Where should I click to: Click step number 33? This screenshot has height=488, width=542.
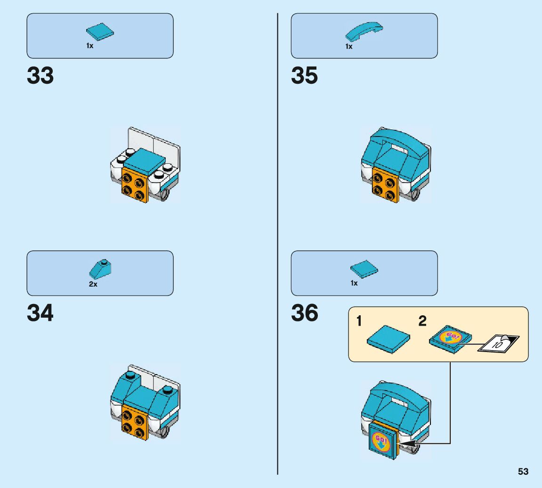point(40,76)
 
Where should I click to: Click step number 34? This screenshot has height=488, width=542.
point(40,313)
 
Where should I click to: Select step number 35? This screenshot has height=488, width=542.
point(304,76)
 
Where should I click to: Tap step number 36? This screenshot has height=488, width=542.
point(304,313)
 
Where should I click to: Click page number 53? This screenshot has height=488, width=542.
point(523,472)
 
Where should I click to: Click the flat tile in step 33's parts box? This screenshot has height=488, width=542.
point(99,32)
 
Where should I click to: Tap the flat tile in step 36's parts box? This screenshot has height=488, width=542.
point(364,269)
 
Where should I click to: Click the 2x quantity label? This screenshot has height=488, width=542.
point(93,284)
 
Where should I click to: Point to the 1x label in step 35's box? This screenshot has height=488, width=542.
point(349,47)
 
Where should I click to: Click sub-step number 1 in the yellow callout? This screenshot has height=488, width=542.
point(359,322)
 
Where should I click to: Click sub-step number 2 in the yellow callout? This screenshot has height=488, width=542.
point(422,322)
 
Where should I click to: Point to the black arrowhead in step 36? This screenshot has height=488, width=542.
point(407,443)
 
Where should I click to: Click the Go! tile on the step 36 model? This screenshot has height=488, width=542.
point(381,442)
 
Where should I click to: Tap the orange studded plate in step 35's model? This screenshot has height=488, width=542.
point(383,184)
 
